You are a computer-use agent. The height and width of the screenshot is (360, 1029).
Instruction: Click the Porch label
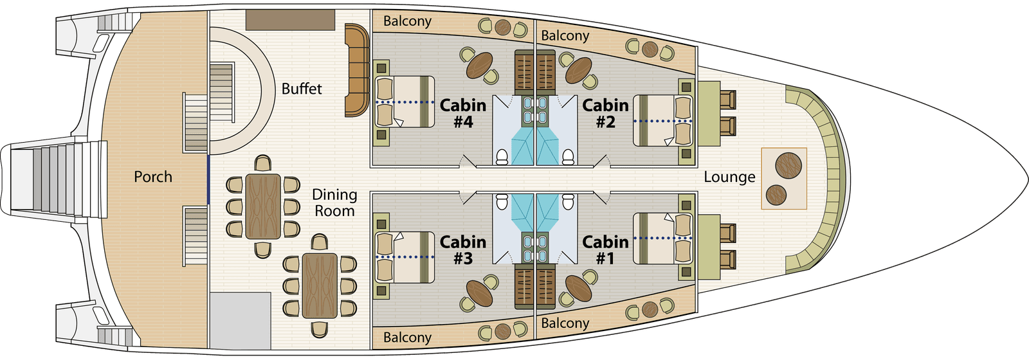pyautogui.click(x=153, y=177)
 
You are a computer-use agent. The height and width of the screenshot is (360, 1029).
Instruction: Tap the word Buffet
pyautogui.click(x=302, y=89)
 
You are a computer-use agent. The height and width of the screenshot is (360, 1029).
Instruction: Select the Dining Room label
pyautogui.click(x=334, y=203)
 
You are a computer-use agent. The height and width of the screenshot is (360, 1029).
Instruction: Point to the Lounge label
pyautogui.click(x=729, y=177)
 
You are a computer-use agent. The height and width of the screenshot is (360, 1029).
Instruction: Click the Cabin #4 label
pyautogui.click(x=463, y=113)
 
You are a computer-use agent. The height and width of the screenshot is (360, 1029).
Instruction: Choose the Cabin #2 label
pyautogui.click(x=605, y=113)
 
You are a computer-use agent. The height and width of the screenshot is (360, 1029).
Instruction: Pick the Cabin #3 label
pyautogui.click(x=463, y=250)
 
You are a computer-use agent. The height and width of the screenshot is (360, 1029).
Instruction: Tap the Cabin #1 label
pyautogui.click(x=605, y=250)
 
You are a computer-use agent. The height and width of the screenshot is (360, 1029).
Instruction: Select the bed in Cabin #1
pyautogui.click(x=663, y=239)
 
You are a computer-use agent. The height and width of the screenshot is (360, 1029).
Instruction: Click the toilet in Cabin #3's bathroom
pyautogui.click(x=502, y=202)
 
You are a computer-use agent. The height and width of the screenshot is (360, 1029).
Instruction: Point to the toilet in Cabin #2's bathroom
pyautogui.click(x=568, y=156)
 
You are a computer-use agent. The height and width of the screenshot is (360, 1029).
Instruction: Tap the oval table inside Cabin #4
pyautogui.click(x=479, y=64)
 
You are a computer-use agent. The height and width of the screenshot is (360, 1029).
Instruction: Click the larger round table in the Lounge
pyautogui.click(x=788, y=165)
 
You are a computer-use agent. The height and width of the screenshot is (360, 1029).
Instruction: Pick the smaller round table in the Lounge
pyautogui.click(x=777, y=195)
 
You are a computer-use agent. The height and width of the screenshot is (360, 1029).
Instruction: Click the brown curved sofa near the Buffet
pyautogui.click(x=356, y=71)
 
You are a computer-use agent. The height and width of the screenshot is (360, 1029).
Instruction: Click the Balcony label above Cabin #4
pyautogui.click(x=407, y=21)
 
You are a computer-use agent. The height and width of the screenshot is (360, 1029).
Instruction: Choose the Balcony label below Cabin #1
pyautogui.click(x=565, y=323)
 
